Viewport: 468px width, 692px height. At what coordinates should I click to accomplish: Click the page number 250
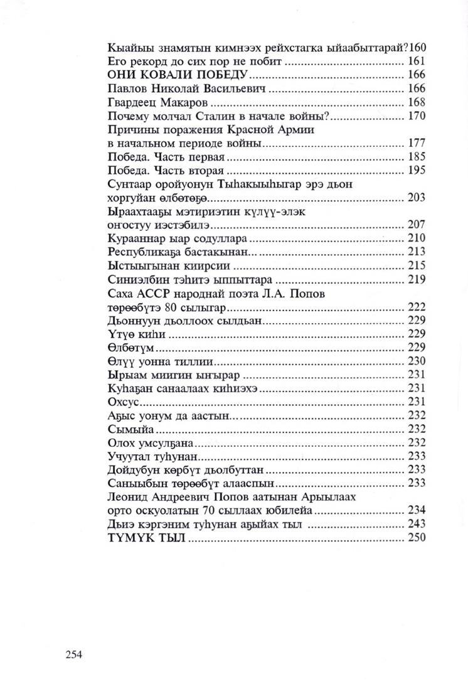416,538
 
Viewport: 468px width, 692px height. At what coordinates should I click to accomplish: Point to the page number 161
416,62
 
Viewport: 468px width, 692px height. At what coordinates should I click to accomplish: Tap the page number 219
416,279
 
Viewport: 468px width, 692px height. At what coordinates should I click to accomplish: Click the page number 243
416,524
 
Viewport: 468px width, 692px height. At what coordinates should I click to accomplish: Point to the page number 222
416,307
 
